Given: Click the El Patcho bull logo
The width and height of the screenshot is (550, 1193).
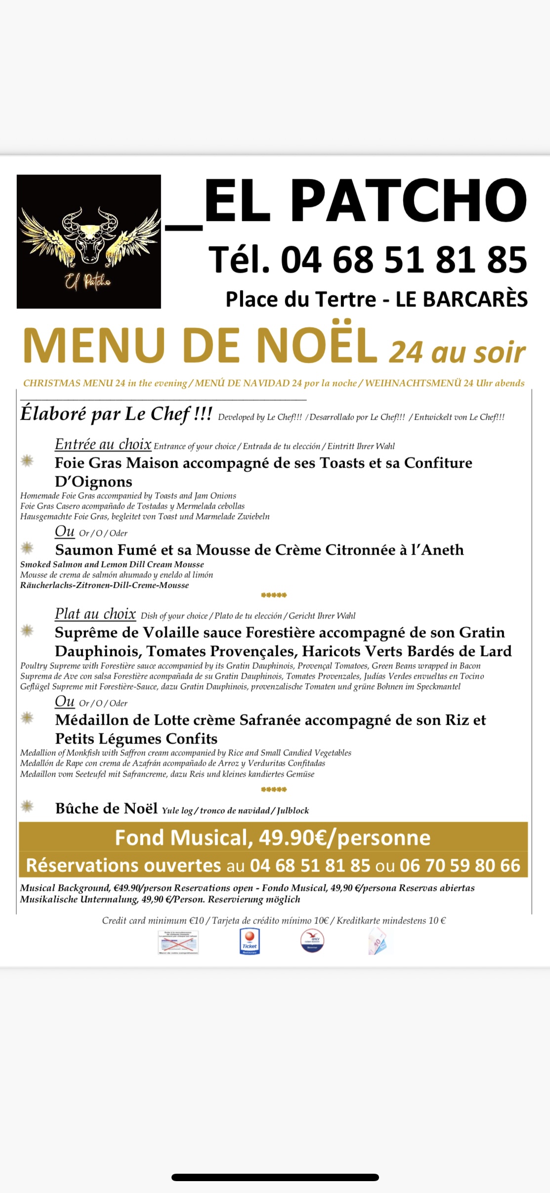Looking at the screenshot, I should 89,241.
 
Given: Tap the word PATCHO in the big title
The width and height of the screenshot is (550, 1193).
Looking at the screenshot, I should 408,201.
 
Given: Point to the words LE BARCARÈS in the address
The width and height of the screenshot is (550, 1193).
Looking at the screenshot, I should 462,299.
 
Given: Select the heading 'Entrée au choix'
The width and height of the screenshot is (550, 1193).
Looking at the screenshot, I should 103,444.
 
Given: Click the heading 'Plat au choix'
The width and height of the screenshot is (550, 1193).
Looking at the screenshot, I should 95,614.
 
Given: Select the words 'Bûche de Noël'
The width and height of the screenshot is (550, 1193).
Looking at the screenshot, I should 106,808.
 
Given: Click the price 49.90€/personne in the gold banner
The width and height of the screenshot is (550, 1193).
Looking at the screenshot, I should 344,838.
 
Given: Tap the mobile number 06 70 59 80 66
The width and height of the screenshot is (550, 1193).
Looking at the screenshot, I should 460,865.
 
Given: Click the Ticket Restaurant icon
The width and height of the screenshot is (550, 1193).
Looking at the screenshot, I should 250,941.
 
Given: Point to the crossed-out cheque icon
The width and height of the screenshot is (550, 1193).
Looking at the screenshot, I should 178,942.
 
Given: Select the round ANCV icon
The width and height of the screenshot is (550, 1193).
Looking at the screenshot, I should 312,940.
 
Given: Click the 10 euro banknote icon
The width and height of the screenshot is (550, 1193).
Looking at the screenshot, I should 378,941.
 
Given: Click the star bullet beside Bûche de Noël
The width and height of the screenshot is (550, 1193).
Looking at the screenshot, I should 27,807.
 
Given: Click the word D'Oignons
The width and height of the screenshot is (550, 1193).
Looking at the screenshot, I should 93,482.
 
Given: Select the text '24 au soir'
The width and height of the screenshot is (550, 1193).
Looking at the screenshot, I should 457,352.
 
